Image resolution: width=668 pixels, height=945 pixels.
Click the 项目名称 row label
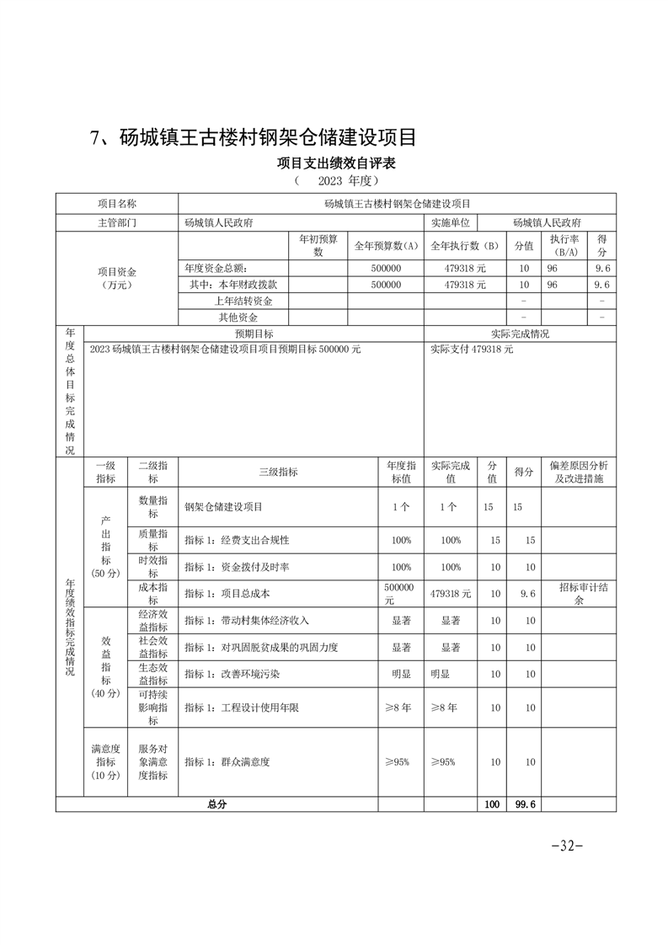coord(117,204)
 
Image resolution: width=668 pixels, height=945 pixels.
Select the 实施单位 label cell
coord(451,223)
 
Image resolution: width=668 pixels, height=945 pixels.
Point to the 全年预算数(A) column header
coord(386,246)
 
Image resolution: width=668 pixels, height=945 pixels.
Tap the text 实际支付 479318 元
coord(471,350)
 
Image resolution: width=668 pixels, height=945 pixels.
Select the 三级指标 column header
coord(278,472)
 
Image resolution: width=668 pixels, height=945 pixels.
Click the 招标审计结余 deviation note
coord(578,594)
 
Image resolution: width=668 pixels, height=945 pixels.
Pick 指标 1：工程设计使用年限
coord(241,708)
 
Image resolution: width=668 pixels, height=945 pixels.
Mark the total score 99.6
coord(523,804)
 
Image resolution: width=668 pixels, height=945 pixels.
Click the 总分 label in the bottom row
coord(216,804)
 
